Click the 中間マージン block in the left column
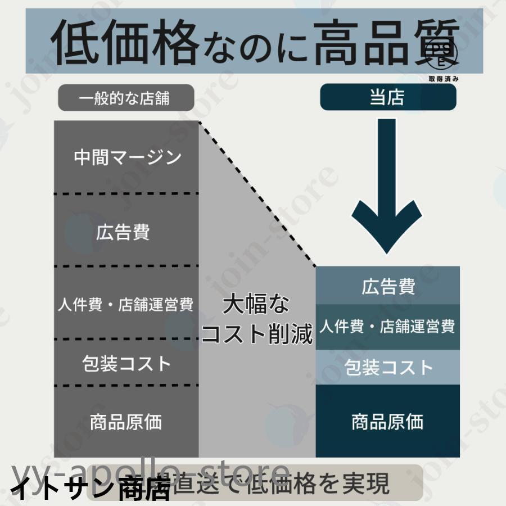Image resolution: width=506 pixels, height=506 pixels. pos(127,157)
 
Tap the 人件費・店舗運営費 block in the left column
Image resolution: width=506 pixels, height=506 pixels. pos(126,304)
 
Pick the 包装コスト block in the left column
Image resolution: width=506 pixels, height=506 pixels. pos(126,363)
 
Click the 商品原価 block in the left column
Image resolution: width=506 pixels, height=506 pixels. pos(126,422)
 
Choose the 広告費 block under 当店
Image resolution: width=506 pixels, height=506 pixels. pos(388,286)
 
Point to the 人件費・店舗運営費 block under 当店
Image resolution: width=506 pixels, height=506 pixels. pos(388,326)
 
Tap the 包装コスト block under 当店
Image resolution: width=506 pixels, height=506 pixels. pos(388,368)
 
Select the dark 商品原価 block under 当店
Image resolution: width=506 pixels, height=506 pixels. pos(388,422)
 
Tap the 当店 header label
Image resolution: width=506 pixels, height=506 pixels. pos(387,97)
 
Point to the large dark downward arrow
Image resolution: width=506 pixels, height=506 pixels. pos(387,191)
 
